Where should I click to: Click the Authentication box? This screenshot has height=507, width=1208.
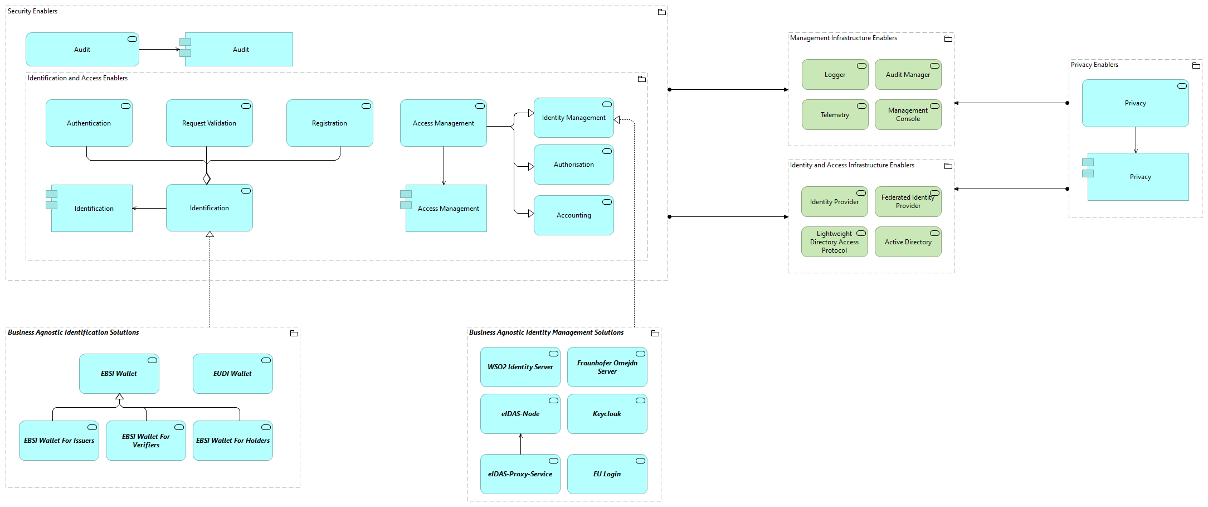89,123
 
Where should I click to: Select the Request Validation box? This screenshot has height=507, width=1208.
209,123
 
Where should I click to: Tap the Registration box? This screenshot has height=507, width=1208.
329,123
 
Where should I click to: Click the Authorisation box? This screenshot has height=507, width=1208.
573,165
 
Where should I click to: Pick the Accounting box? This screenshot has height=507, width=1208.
573,215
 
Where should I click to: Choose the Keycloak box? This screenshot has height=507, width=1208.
607,414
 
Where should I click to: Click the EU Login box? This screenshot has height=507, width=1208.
607,474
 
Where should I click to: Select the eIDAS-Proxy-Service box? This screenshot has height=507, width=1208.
520,474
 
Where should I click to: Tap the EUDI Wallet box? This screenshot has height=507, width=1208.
232,374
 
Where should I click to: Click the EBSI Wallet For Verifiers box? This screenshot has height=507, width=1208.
145,441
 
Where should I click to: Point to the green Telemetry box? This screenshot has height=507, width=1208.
835,115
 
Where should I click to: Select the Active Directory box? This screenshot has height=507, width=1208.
908,242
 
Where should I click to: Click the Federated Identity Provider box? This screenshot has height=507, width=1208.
908,202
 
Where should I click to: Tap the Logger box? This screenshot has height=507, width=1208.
835,75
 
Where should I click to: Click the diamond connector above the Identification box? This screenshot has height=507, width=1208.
207,178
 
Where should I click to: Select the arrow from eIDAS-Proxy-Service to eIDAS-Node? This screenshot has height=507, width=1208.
520,444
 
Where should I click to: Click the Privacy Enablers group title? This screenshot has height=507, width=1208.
1094,65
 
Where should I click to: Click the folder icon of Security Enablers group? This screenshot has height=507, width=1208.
662,12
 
